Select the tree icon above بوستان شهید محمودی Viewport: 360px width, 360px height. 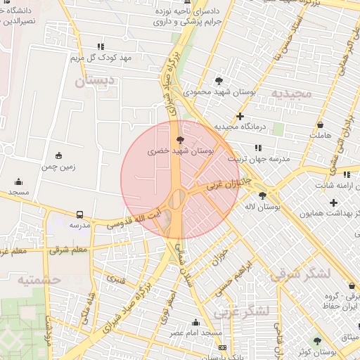click(x=219, y=81)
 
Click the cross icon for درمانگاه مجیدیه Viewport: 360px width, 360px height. click(x=240, y=116)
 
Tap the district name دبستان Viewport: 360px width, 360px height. click(x=92, y=82)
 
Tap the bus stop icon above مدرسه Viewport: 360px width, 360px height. click(x=79, y=214)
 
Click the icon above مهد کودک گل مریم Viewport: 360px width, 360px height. click(x=101, y=46)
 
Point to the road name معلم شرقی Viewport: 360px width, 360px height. click(x=70, y=250)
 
